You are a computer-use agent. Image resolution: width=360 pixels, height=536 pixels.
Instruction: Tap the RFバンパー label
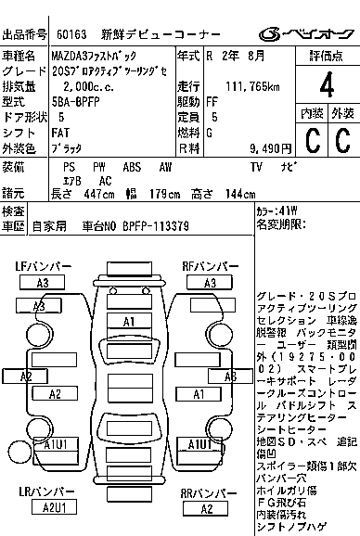[x=208, y=266]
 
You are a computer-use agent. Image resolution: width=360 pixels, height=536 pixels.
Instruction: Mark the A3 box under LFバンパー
[x=43, y=283]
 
